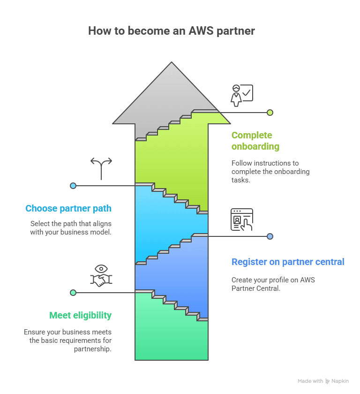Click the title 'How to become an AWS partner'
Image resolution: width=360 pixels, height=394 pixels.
click(x=172, y=31)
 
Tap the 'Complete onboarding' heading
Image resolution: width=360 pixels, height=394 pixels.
click(x=255, y=141)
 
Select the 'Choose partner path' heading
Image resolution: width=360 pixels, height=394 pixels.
click(x=68, y=208)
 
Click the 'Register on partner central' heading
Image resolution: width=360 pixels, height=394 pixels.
click(x=288, y=262)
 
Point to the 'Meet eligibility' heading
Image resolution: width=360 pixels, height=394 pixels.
click(x=81, y=315)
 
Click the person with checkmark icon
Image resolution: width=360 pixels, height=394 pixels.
click(x=241, y=95)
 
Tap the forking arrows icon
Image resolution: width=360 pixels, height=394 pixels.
click(x=101, y=168)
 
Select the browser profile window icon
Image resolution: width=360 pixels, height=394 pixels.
click(x=241, y=220)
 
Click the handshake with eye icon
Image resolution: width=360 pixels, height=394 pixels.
click(x=101, y=276)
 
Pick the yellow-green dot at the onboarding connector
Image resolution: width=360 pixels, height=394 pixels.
click(x=270, y=113)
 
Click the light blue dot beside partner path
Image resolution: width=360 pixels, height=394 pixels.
click(x=73, y=186)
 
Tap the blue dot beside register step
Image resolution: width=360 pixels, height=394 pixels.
click(x=270, y=236)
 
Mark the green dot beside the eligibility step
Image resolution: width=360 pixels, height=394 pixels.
click(x=73, y=293)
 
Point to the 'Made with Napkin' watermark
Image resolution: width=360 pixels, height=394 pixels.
click(x=323, y=381)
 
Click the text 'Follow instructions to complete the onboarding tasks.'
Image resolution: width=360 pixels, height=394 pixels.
click(x=270, y=172)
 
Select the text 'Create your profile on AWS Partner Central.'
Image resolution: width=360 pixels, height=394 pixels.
click(x=273, y=284)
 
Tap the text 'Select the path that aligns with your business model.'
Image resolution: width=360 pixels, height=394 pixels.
click(x=71, y=227)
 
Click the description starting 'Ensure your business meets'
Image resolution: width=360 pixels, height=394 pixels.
click(x=67, y=340)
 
